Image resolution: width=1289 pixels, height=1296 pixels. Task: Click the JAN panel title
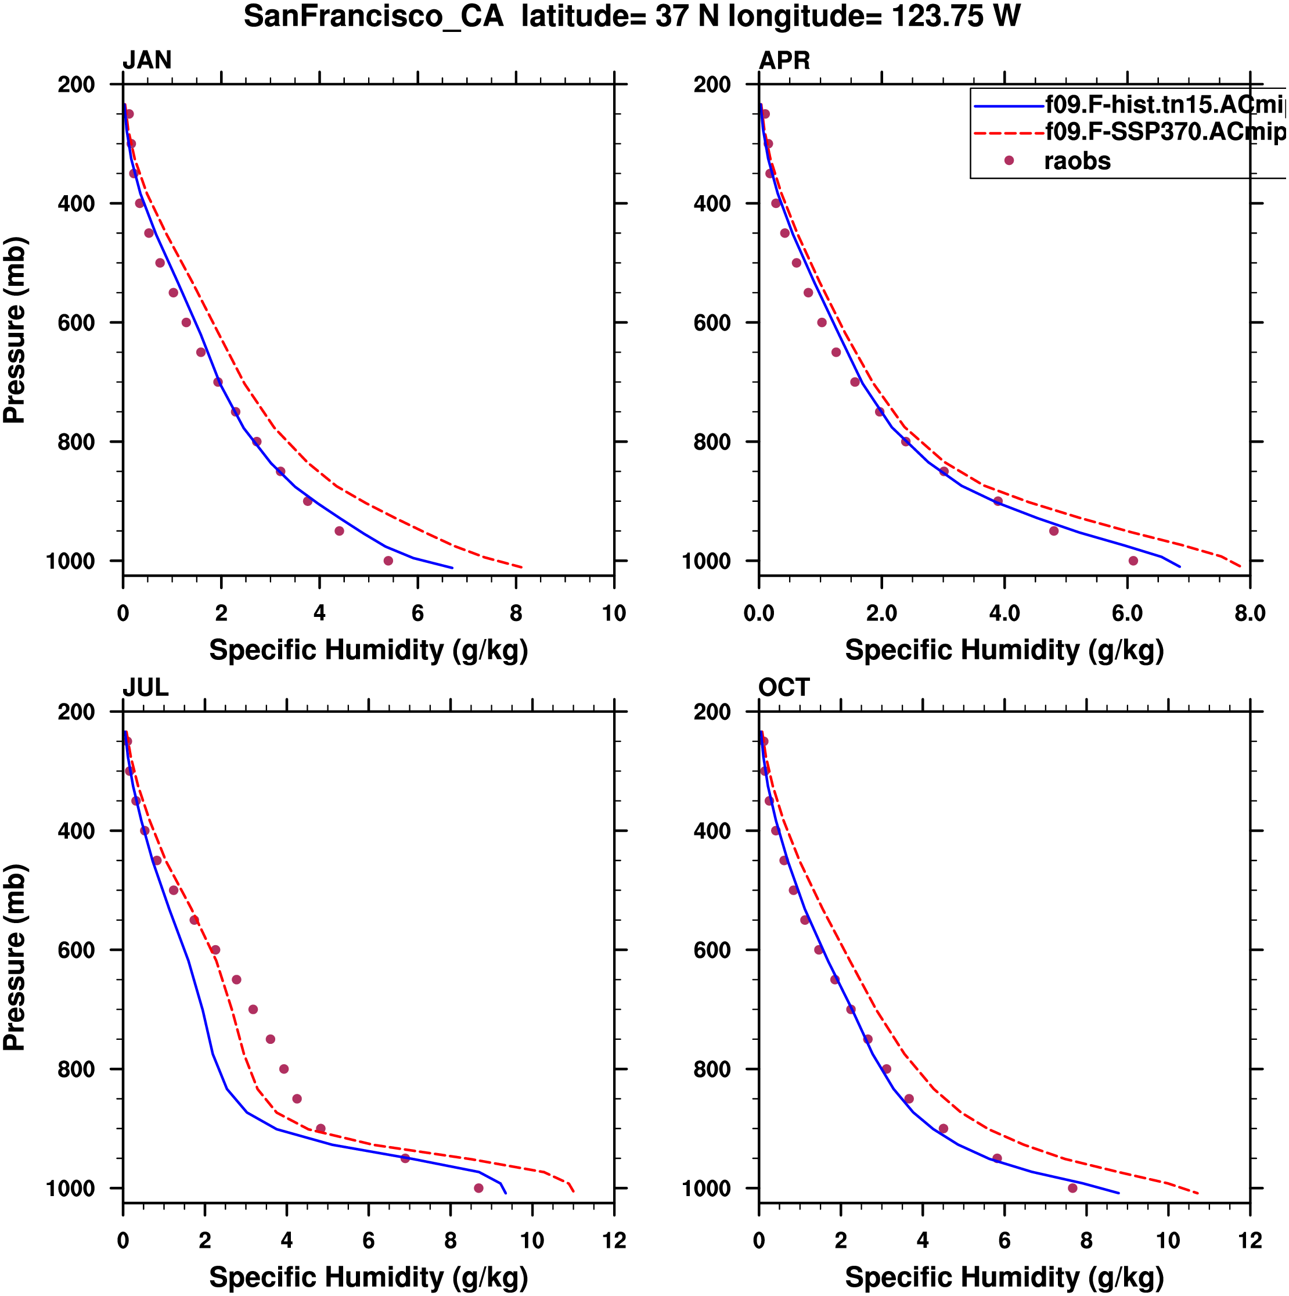pos(147,61)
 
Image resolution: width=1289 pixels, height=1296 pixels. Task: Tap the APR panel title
pos(784,61)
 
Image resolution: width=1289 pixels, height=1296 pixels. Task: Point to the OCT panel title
pos(784,688)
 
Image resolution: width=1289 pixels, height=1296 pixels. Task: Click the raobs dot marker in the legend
pos(1009,161)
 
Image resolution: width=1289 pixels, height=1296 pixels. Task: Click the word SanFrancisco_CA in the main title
pos(373,16)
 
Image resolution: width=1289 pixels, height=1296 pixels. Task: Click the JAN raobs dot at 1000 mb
pos(388,561)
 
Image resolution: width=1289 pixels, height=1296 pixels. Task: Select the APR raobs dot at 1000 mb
pos(1133,561)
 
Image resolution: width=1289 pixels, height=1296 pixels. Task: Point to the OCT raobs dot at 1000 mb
pos(1072,1188)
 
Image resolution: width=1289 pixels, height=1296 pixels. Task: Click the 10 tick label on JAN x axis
pos(614,613)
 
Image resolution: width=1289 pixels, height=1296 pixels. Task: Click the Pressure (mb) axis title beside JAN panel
pos(15,330)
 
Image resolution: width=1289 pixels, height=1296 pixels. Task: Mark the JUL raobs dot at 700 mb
pos(253,1010)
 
